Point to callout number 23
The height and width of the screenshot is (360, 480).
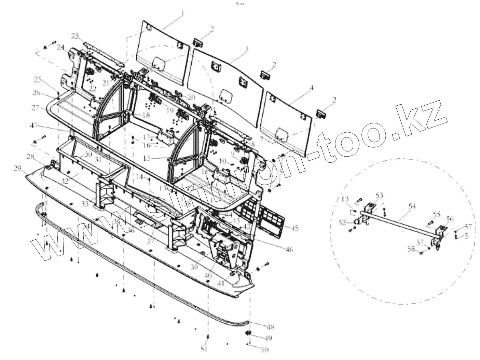click(x=75, y=36)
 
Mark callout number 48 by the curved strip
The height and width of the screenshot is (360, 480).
click(x=271, y=328)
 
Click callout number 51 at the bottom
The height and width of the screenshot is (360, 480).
click(x=204, y=349)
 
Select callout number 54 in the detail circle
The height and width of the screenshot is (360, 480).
click(x=412, y=206)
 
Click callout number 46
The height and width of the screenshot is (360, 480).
click(x=289, y=250)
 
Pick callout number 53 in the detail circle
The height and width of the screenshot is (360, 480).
click(x=380, y=195)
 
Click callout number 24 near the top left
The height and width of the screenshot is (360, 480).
click(x=61, y=47)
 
